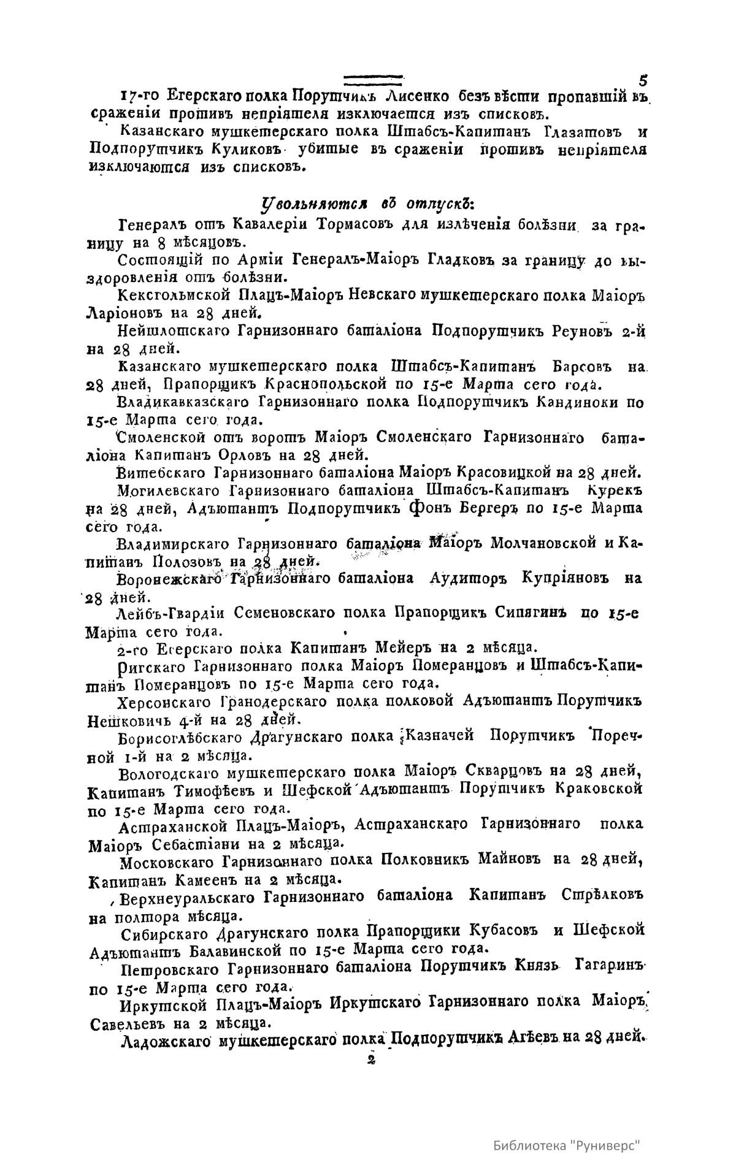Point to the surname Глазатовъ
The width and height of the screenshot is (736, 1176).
pyautogui.click(x=582, y=132)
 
